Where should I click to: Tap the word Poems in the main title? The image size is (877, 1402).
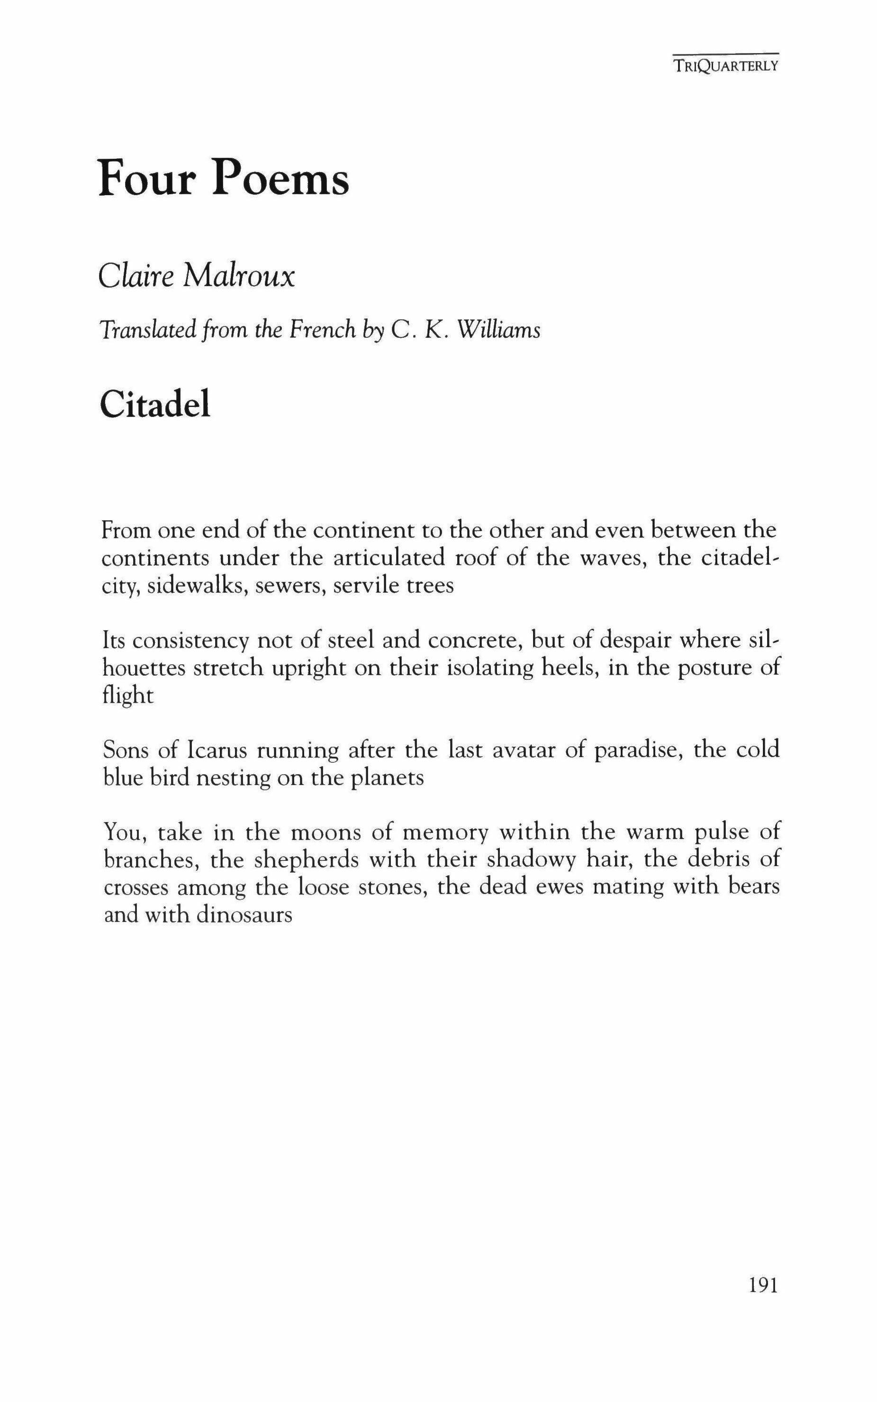tap(281, 179)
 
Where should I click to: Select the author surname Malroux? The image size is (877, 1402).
tap(239, 277)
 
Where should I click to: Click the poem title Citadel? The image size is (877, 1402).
tap(155, 404)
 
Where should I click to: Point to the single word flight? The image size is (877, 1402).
tap(127, 696)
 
